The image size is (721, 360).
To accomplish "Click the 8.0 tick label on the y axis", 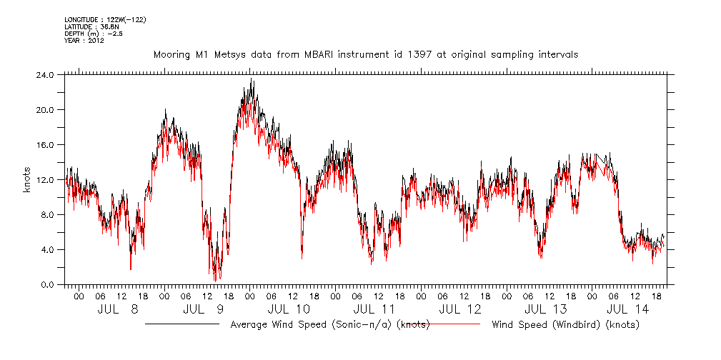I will point(46,214).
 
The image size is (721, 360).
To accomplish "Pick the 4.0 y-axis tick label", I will point(46,249).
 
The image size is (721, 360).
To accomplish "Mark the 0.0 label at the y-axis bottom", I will point(46,284).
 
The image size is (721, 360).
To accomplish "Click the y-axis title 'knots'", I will point(26,179).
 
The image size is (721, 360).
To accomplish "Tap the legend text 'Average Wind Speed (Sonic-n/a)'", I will point(312,325).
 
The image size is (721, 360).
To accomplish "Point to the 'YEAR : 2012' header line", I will point(84,41).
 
